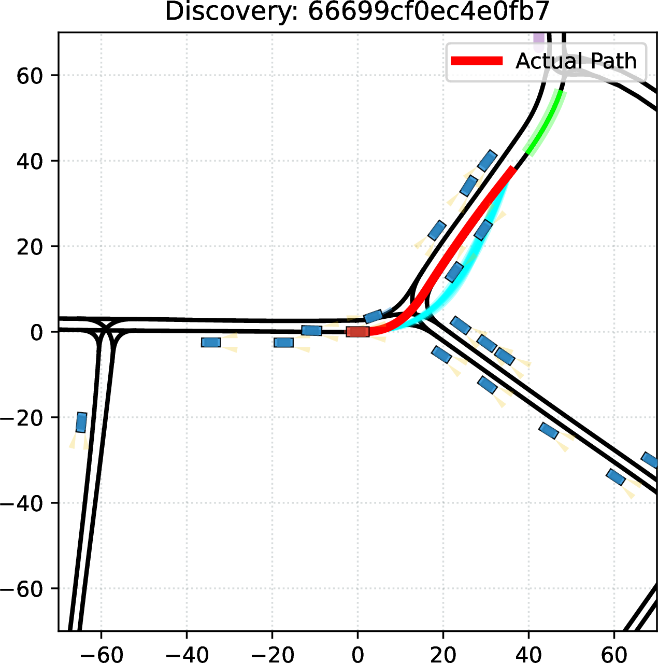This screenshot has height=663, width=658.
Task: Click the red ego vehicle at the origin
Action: point(357,332)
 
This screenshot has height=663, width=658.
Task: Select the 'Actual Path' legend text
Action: point(576,61)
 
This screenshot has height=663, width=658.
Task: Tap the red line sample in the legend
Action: point(477,61)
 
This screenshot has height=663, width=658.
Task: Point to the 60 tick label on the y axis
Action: point(28,75)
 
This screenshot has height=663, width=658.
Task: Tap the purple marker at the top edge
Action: point(539,42)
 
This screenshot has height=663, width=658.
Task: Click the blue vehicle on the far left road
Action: point(81,422)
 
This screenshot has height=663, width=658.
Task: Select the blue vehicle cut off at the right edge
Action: point(650,460)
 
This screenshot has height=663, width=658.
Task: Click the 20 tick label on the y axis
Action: point(28,246)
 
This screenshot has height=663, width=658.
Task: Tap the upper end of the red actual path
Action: point(513,168)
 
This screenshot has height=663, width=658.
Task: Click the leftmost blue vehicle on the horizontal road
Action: point(211,342)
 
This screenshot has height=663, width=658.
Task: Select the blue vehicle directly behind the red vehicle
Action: point(311,331)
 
